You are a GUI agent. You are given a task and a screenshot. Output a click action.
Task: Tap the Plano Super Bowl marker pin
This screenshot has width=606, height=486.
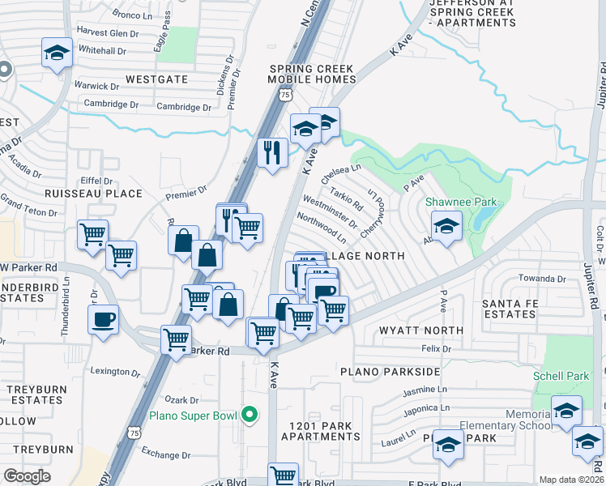(250, 416)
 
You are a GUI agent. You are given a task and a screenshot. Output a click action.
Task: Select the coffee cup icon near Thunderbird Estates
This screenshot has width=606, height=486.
(104, 319)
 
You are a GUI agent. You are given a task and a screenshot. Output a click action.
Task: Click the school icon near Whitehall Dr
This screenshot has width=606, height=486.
(57, 53)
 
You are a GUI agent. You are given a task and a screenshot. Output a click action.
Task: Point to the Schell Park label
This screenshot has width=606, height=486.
(560, 377)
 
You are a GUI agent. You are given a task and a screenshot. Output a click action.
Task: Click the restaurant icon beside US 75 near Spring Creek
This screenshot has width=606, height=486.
(272, 151)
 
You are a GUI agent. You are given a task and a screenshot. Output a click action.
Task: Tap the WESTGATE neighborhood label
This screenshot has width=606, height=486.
(156, 79)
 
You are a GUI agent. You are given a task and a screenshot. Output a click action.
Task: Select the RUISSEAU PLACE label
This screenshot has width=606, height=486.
(93, 194)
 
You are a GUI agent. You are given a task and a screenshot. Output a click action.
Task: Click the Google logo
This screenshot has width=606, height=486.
(27, 476)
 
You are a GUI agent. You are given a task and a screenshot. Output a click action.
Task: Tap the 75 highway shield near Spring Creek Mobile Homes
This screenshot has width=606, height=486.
(284, 95)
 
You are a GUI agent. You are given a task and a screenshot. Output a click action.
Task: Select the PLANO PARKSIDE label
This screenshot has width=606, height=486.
(390, 371)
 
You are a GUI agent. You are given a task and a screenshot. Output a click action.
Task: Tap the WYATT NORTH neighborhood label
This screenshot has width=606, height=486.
(421, 330)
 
